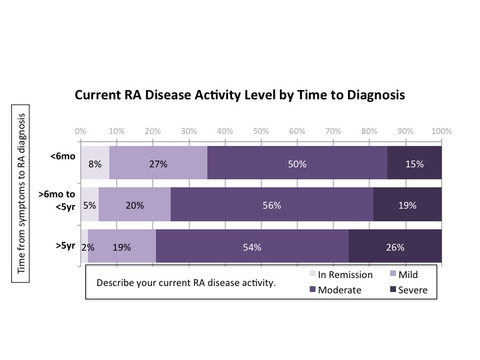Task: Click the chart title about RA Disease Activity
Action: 240,95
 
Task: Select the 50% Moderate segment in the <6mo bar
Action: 297,163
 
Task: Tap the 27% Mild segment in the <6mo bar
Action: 158,163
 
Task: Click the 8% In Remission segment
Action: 95,163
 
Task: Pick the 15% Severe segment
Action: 414,163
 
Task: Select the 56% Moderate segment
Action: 271,205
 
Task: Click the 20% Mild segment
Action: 135,205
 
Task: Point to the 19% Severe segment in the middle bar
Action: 407,205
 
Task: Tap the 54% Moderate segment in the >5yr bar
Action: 252,247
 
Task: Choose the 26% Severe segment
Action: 395,247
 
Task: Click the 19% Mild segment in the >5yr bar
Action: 121,247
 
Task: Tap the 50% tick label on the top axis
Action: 261,131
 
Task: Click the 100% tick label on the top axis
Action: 441,131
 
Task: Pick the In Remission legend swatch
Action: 311,275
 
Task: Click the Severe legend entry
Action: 413,290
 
